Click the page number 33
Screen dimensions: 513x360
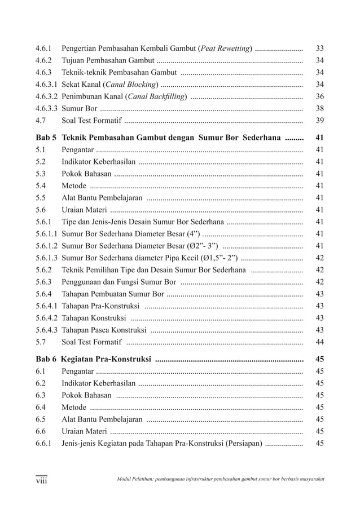[319, 48]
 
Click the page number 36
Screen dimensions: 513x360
[319, 96]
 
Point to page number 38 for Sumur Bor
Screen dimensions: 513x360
[319, 108]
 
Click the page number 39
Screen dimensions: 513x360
[319, 121]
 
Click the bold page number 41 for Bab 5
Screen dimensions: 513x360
[319, 137]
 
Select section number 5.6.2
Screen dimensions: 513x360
[43, 269]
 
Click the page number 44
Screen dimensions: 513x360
[319, 342]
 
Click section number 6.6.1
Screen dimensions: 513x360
[43, 443]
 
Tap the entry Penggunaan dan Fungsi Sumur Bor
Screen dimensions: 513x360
[119, 282]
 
